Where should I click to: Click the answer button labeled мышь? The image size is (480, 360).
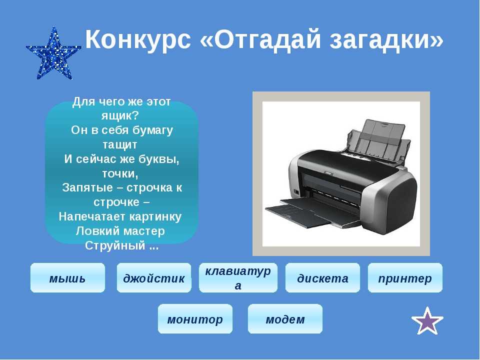coord(67,277)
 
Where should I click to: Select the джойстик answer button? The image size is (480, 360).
coord(154,277)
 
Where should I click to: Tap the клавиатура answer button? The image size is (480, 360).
coord(238,277)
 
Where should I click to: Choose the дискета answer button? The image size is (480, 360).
coord(322,277)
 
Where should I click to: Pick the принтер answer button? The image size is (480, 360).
coord(405,277)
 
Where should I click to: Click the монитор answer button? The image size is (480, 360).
coord(195,318)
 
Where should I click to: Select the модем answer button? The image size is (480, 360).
coord(285,318)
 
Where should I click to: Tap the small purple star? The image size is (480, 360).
coord(427,321)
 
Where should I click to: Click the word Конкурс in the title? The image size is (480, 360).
coord(138,39)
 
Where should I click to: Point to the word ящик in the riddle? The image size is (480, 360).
coord(117,115)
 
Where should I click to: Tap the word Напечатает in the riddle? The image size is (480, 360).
coord(92,216)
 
